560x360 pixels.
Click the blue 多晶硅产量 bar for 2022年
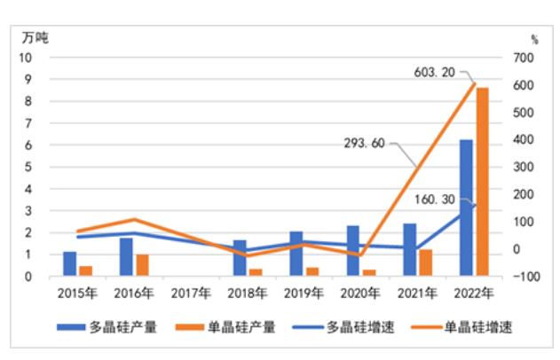466,208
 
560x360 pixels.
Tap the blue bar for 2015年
69,264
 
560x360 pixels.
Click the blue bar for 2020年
327,251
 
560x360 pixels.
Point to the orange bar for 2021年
426,262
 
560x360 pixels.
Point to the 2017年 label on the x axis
191,291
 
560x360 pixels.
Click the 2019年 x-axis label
305,291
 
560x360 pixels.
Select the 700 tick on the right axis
525,58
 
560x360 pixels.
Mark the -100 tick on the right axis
526,277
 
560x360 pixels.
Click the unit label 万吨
36,38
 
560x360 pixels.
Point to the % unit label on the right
534,39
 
